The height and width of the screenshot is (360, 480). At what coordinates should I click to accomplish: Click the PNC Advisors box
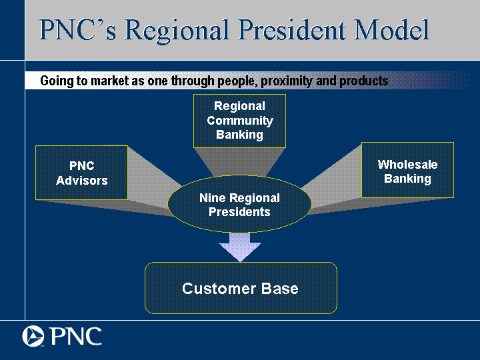81,173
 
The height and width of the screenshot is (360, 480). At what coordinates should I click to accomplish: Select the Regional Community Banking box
240,121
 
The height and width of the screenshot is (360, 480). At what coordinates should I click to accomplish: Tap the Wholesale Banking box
407,170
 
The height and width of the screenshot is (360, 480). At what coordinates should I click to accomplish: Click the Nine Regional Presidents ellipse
240,204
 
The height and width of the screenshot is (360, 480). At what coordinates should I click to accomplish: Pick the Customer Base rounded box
241,288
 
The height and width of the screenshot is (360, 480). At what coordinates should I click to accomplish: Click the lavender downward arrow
240,247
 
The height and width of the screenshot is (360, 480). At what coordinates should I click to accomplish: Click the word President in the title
293,30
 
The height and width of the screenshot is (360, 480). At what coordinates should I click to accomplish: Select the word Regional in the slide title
177,31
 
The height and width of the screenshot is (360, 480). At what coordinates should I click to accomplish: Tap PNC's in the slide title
78,30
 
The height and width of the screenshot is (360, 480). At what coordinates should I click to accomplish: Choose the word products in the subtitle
364,81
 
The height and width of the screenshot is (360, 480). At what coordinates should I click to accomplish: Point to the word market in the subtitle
110,81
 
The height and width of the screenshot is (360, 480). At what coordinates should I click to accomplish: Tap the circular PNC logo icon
33,336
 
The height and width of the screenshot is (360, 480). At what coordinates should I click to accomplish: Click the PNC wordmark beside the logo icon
76,336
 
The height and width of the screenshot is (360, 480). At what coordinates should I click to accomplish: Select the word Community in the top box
240,121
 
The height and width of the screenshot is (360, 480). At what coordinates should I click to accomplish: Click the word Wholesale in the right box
407,165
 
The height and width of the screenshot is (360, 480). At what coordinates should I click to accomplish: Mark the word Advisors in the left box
82,180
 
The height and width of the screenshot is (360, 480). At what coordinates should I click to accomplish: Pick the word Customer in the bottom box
219,289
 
